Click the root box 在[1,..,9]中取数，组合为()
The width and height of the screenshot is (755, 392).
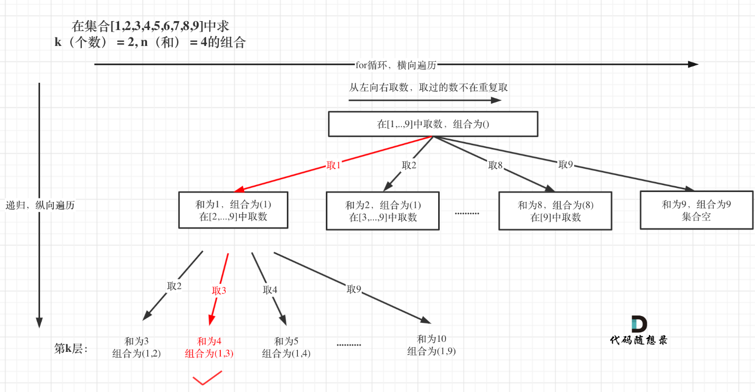click(433, 124)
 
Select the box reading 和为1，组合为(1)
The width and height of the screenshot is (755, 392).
click(233, 210)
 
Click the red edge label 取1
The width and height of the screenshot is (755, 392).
click(334, 166)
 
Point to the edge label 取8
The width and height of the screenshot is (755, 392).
click(496, 166)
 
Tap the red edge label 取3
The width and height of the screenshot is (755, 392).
click(219, 290)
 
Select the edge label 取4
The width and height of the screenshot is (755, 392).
click(270, 289)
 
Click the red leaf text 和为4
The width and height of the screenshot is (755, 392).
click(209, 341)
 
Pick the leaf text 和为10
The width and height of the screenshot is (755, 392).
click(431, 339)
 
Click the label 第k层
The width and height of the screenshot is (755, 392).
click(71, 348)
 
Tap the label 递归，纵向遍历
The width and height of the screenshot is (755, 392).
click(40, 205)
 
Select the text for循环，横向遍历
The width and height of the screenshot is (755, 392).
click(396, 64)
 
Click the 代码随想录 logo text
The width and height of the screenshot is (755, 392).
click(638, 340)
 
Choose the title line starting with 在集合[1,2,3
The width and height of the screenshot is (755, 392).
click(150, 26)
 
